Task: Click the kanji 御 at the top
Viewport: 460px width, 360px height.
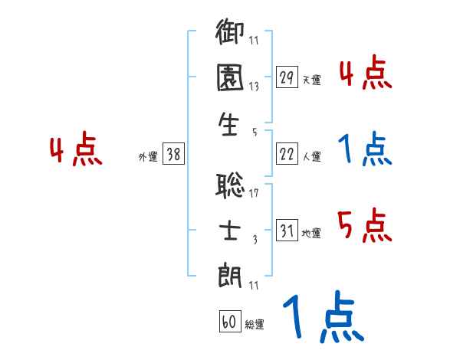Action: click(229, 34)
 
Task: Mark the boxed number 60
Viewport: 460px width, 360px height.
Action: click(229, 322)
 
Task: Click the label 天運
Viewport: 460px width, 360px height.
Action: click(311, 80)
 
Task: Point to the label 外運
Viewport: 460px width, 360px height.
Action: click(147, 156)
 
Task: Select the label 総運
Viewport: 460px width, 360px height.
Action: click(255, 324)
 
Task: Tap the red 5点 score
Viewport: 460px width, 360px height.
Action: click(364, 226)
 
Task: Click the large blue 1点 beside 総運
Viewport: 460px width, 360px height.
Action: click(322, 318)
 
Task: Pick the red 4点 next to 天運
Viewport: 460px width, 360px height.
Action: click(364, 74)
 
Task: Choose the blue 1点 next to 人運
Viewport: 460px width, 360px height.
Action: click(364, 149)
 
